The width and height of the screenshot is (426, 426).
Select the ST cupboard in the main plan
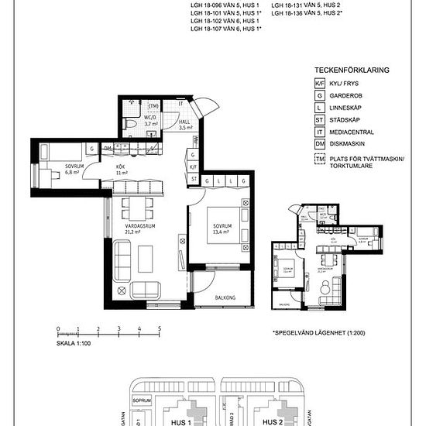coord(194,180)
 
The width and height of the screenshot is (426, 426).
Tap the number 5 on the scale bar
coord(158,329)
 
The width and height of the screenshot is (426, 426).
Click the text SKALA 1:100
coord(74,342)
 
